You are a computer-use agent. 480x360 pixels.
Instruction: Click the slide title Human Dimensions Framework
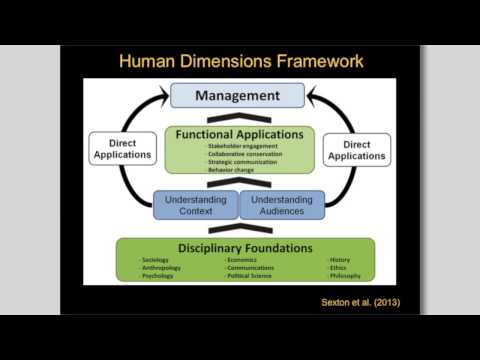click(x=240, y=62)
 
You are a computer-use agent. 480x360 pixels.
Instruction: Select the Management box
click(x=237, y=96)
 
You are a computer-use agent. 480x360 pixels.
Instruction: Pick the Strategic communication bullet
click(x=237, y=163)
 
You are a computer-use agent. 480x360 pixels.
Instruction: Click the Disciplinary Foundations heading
click(x=245, y=248)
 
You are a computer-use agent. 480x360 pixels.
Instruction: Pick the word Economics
click(x=244, y=260)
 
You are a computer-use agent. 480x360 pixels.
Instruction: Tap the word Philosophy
click(x=344, y=276)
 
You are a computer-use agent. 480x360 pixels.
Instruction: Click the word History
click(x=339, y=260)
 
